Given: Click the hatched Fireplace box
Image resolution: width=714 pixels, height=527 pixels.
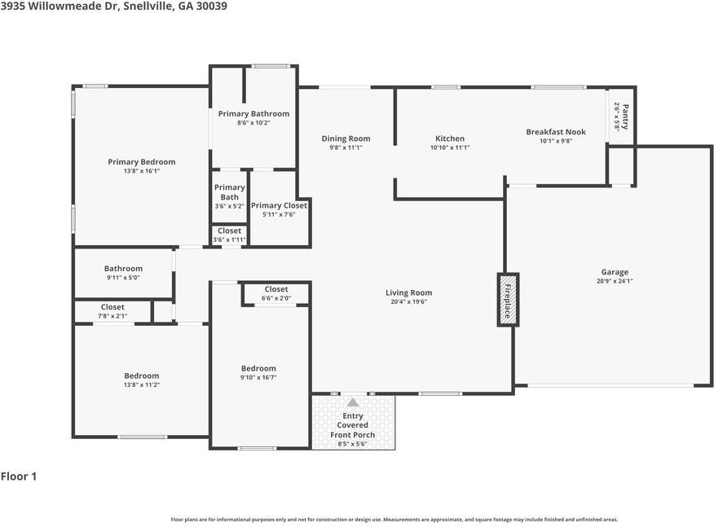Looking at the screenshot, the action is pyautogui.click(x=508, y=300).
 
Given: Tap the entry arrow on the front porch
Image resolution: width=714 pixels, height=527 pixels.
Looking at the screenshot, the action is pyautogui.click(x=353, y=402).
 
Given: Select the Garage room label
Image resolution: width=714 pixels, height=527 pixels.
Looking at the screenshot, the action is pyautogui.click(x=615, y=272).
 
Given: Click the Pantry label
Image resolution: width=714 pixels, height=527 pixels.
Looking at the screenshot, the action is pyautogui.click(x=625, y=117).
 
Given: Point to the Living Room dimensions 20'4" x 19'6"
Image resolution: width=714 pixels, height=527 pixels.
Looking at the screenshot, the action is pyautogui.click(x=408, y=301).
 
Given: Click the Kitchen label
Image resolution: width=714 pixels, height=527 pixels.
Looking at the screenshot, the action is pyautogui.click(x=450, y=138).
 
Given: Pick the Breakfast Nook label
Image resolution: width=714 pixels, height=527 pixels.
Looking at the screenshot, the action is pyautogui.click(x=556, y=132).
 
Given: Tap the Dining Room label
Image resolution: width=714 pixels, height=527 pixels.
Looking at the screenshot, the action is pyautogui.click(x=346, y=138).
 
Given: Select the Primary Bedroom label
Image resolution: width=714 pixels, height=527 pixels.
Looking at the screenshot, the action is pyautogui.click(x=142, y=162).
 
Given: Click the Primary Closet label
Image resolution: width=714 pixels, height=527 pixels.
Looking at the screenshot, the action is pyautogui.click(x=279, y=206).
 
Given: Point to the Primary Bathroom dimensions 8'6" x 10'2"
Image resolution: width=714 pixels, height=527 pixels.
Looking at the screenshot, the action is pyautogui.click(x=253, y=122).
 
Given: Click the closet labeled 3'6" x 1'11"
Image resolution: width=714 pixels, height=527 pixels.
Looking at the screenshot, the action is pyautogui.click(x=230, y=235).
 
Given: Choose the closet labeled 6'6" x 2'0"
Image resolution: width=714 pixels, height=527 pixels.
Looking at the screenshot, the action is pyautogui.click(x=276, y=293).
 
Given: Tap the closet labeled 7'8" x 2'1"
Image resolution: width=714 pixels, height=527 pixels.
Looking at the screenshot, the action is pyautogui.click(x=112, y=311).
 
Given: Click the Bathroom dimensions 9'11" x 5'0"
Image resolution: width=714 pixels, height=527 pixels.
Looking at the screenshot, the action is pyautogui.click(x=123, y=278).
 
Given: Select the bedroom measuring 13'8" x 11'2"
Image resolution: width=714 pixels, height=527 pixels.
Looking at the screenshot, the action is pyautogui.click(x=142, y=380).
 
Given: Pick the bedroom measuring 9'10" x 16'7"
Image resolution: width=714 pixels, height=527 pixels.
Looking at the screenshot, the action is pyautogui.click(x=258, y=372).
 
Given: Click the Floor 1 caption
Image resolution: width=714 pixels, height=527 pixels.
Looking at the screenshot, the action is pyautogui.click(x=19, y=476).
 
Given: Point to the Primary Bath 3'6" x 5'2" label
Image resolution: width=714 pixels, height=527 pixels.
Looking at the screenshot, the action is pyautogui.click(x=230, y=196).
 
